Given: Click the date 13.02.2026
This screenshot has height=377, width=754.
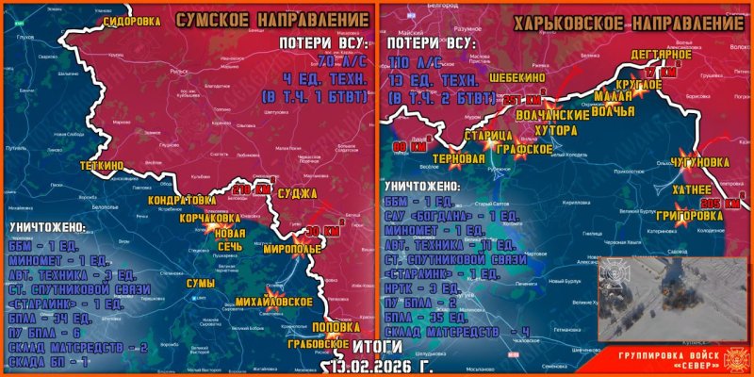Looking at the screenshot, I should (371, 366).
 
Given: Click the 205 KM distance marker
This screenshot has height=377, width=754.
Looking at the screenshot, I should (723, 204).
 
